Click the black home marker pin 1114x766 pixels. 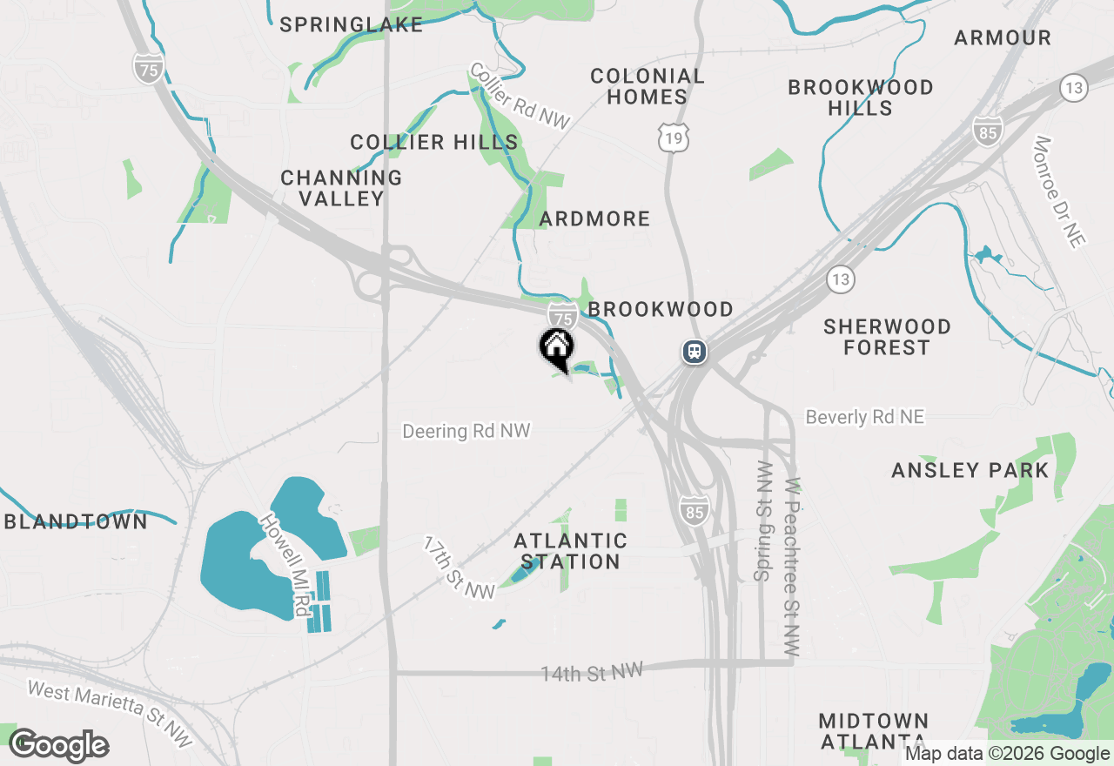pos(557,349)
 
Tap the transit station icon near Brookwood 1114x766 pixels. pos(695,351)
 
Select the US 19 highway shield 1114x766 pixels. pos(674,138)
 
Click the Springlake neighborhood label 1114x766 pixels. pos(352,24)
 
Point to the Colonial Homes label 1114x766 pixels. pos(648,86)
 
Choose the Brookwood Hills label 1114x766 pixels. pos(861,97)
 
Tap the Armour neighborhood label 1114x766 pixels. pos(1003,37)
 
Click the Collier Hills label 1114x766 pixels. pos(434,142)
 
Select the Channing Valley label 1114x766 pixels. pos(341,188)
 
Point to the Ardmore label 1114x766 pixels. pos(594,218)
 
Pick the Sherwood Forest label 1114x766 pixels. pos(887,337)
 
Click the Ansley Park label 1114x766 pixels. pos(970,470)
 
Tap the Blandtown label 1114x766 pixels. pos(77,521)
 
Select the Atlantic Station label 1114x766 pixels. pos(570,552)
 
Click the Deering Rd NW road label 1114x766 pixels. pos(466,431)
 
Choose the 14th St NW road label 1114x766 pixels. pos(592,672)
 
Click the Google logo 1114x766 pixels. pos(59,745)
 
